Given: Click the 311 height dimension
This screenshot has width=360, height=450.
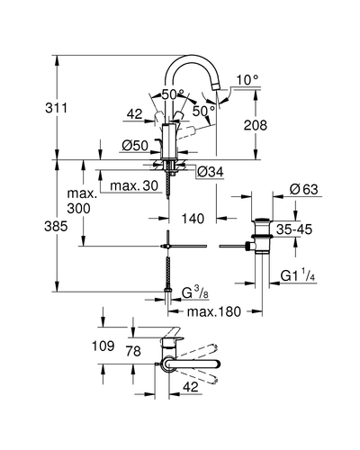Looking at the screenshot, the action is (57, 108).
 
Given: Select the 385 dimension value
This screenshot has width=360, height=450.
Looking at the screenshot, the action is (56, 226).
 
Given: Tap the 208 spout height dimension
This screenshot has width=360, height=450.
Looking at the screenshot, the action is (256, 125).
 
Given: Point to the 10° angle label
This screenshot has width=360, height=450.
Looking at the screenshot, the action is (247, 80).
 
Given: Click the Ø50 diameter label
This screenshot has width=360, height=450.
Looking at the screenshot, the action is (135, 146).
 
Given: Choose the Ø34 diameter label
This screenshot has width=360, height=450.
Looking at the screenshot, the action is (211, 172).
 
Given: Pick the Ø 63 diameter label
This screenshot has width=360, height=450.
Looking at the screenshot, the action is (304, 189).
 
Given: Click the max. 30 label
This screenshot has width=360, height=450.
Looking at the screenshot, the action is (134, 185).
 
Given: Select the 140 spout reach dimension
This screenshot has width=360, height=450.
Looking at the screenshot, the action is (193, 219).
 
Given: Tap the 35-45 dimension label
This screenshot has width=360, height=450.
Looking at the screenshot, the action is (294, 229).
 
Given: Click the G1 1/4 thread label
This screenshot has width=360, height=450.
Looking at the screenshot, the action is (298, 275).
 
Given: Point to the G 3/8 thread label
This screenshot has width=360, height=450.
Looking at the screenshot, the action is (195, 292).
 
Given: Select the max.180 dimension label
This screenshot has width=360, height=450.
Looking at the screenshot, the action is (214, 311).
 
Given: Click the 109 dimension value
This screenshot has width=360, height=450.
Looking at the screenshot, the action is (103, 346).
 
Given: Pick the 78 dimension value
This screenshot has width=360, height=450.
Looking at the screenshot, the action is (133, 351).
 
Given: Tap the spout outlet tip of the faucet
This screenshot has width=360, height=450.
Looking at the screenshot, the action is (216, 87).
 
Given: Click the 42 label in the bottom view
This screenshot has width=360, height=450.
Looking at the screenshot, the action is (191, 387).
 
